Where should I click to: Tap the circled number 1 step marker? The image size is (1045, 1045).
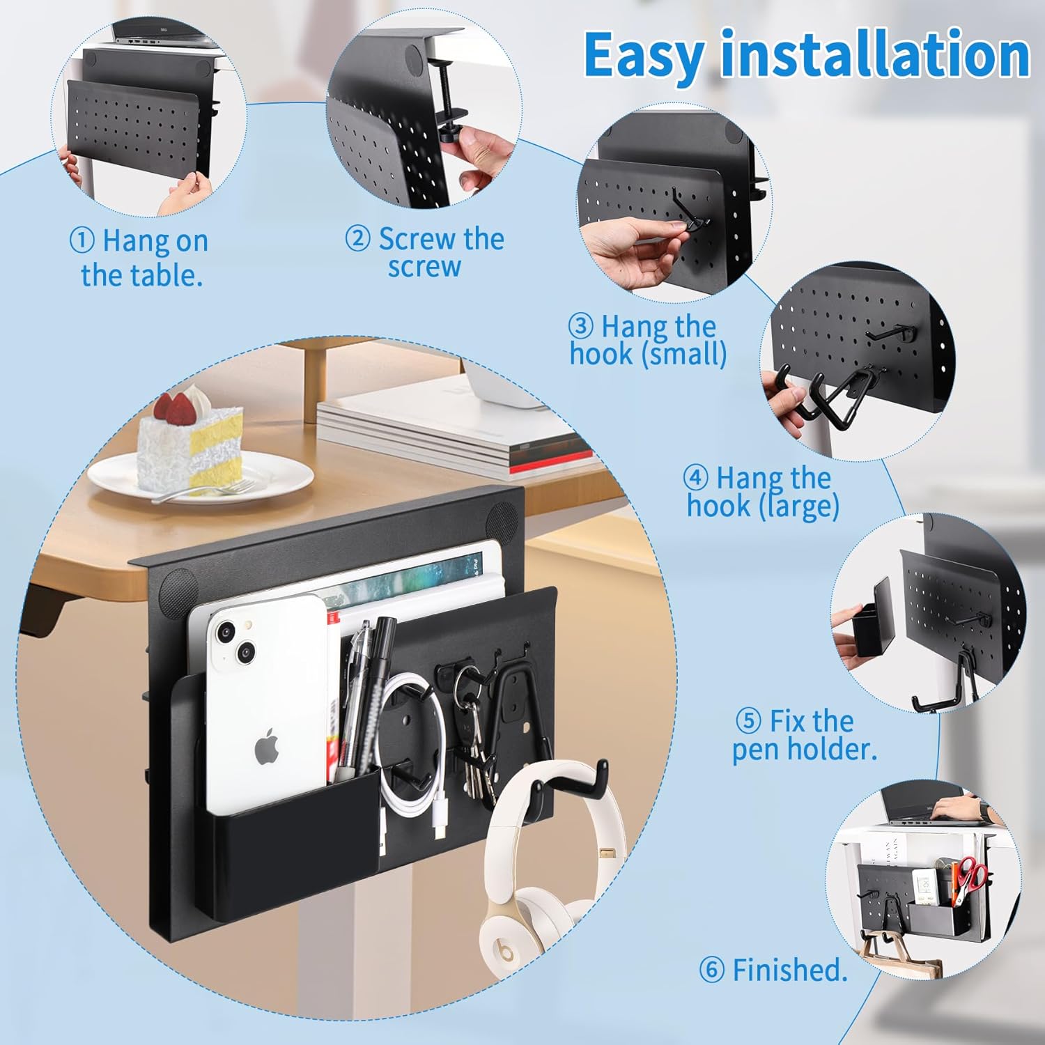[x=82, y=241]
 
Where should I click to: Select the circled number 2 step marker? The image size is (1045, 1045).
[x=358, y=239]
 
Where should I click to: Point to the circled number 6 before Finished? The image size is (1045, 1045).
[x=711, y=970]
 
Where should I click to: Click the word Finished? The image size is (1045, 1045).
[x=790, y=970]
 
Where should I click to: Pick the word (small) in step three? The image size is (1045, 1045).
[x=683, y=354]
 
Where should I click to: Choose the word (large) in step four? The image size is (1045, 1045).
[x=798, y=506]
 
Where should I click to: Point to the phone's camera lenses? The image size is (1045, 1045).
[x=236, y=642]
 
